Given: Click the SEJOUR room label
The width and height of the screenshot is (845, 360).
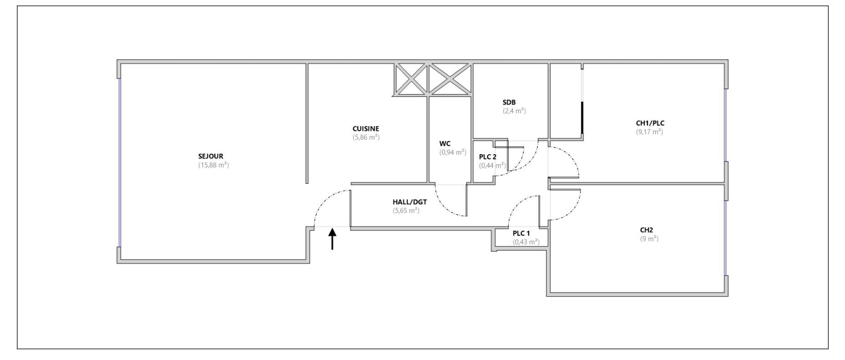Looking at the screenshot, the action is point(210,156).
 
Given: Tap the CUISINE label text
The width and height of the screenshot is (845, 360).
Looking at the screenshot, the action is point(366,129).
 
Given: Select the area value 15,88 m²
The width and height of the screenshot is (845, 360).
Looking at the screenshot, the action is point(213,165).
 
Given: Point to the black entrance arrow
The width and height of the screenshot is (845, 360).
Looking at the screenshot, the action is point(332,239).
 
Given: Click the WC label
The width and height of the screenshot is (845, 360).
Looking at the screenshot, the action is point(445,144).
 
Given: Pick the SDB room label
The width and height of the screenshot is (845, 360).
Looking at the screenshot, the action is point(509,102).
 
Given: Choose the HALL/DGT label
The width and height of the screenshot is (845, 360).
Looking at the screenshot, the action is point(410,202).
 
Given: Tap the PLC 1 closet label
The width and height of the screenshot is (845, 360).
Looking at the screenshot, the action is point(521,233).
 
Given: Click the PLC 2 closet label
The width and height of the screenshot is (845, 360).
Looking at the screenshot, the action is point(488,157).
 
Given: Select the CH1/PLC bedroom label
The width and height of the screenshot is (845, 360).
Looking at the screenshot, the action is point(650,123).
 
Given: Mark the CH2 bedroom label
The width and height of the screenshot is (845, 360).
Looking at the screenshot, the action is point(647,230).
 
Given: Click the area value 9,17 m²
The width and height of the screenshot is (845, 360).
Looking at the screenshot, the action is point(650,132).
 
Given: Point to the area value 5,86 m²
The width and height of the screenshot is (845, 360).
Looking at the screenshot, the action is point(366,138).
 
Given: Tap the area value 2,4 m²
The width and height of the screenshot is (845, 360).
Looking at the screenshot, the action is point(514,111).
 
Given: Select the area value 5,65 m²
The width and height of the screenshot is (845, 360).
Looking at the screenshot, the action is point(406,210).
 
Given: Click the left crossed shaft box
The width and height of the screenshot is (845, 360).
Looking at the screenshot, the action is point(411,79).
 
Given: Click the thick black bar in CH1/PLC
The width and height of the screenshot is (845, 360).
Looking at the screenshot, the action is point(582,118).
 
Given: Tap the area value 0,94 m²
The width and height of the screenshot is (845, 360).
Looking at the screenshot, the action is point(452,152).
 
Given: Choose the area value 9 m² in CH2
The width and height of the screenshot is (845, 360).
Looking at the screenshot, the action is point(649,239).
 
